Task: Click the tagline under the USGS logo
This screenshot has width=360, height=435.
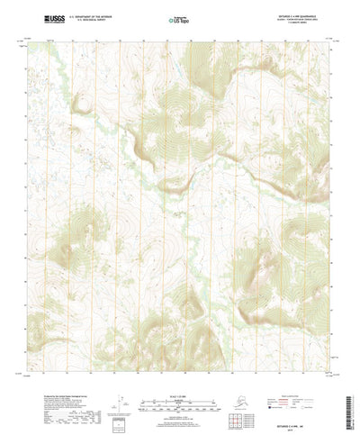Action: pos(51,23)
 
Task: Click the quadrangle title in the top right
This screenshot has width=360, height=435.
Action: pos(292,14)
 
